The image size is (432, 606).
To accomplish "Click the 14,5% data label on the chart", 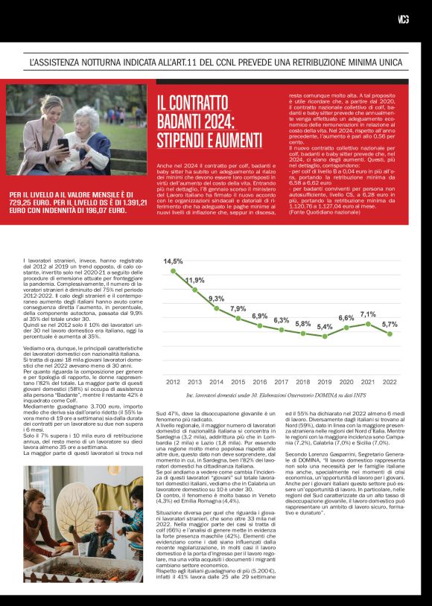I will coord(173,261).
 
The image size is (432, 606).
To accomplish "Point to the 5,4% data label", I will coord(325,327).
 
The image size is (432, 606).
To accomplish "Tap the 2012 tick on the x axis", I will coord(173,382).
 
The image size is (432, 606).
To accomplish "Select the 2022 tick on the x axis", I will coord(390,382).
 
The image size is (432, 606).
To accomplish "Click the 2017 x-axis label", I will coord(282,382).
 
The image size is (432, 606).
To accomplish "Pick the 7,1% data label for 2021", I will coord(368,314).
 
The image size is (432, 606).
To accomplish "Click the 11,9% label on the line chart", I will coord(194,281).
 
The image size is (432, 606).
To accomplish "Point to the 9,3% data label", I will coord(216,299).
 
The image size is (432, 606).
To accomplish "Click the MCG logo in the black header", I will coord(404,19).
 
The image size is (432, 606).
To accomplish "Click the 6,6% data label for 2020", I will coord(346,318).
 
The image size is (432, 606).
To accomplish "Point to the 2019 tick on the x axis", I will coord(325,382).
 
